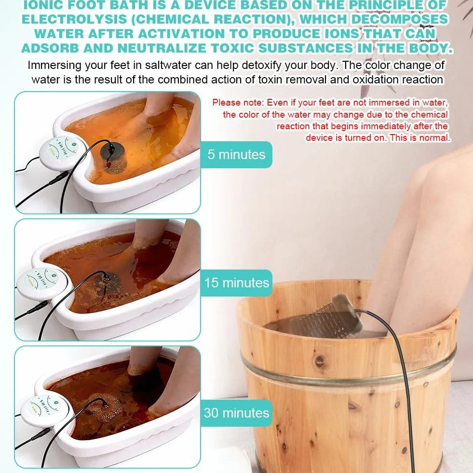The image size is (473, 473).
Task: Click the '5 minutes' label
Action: (236, 154)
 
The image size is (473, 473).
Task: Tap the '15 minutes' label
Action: (236, 283)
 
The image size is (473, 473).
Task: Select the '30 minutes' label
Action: (236, 413)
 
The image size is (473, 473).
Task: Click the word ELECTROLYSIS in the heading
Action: (75, 19)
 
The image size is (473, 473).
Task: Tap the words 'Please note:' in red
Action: (238, 103)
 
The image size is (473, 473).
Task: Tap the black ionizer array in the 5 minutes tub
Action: (113, 159)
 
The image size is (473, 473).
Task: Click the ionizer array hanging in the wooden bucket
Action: (338, 317)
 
